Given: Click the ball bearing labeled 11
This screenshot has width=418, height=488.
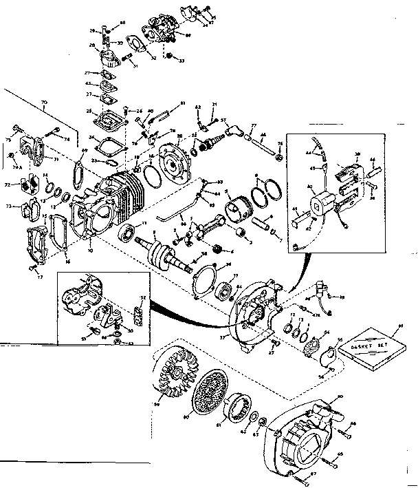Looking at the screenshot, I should click(x=129, y=233).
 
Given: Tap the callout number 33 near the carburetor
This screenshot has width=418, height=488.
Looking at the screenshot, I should click(x=181, y=61).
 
